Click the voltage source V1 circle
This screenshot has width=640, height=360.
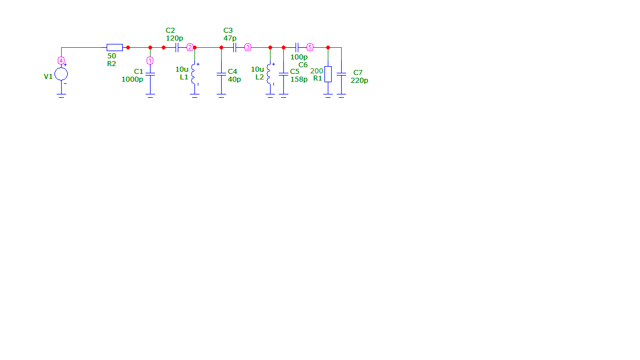tap(61, 74)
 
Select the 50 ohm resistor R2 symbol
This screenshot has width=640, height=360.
tap(114, 47)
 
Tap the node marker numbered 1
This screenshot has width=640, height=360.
tap(150, 61)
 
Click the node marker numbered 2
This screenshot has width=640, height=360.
tap(190, 47)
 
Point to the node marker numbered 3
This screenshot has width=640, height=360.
tap(248, 47)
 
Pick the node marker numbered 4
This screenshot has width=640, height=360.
tap(61, 61)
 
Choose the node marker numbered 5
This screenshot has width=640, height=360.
tap(310, 47)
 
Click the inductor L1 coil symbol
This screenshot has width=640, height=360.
tap(193, 74)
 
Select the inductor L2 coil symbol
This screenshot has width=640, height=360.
tap(269, 74)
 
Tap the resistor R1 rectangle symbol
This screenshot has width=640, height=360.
tap(328, 74)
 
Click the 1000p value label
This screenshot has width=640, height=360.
tap(132, 79)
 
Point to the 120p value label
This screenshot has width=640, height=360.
tap(174, 38)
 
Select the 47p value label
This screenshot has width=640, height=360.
tap(230, 38)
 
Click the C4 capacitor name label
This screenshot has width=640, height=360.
tap(232, 72)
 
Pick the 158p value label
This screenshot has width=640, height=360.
tap(299, 79)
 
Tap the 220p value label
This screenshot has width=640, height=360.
tap(359, 81)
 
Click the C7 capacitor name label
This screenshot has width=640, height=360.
tap(358, 73)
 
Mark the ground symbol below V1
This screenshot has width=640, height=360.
tap(61, 96)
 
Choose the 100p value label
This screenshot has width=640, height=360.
tap(299, 57)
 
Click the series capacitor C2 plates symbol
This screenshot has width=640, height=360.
tap(177, 47)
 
